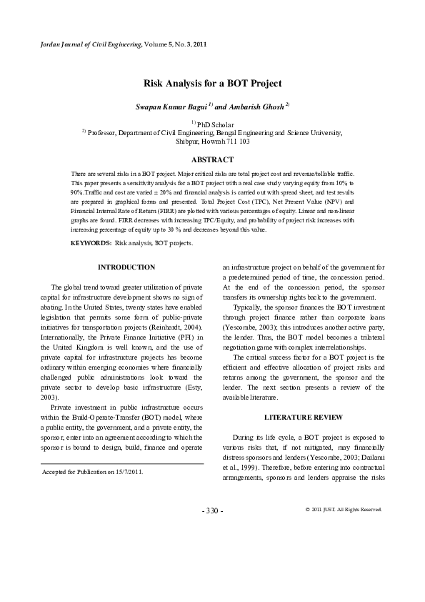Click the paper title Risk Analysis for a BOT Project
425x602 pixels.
click(x=212, y=84)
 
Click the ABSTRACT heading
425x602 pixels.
click(x=212, y=159)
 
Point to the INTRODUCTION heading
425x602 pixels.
click(x=126, y=267)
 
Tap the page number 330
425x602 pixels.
click(x=212, y=510)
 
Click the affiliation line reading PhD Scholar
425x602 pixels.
click(x=212, y=124)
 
